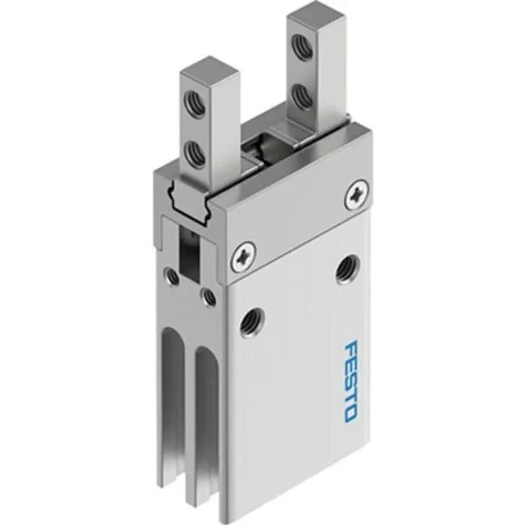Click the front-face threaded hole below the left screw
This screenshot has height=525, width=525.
click(247, 323)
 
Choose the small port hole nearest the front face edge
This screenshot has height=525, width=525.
click(208, 297)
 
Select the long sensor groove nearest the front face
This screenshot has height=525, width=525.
click(205, 420)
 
